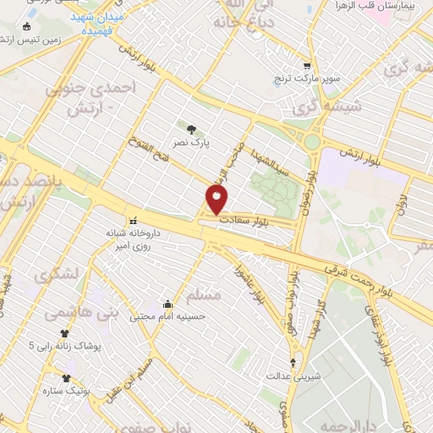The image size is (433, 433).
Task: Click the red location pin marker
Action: coord(217,200)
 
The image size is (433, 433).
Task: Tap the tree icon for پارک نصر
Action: coord(192,129)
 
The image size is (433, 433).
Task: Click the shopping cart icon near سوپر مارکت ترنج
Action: coord(306,65)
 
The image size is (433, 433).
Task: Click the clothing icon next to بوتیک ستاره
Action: coord(67,378)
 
